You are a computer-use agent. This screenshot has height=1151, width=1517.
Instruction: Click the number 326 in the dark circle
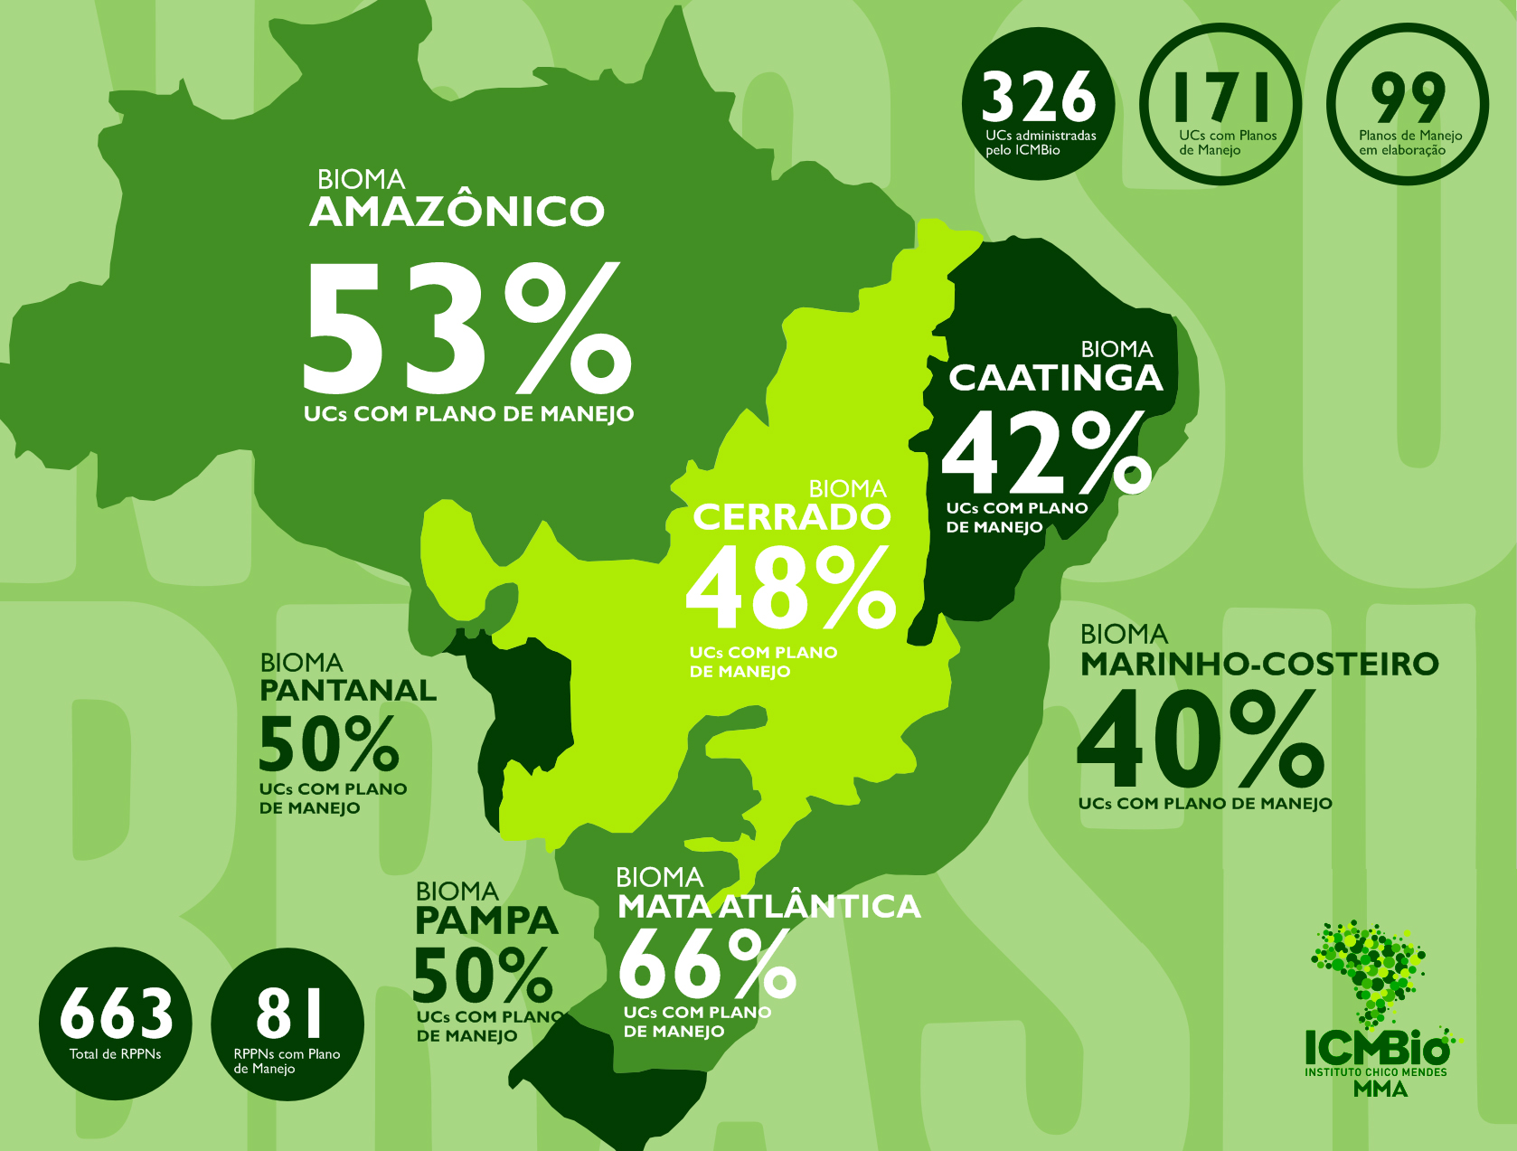tap(1038, 98)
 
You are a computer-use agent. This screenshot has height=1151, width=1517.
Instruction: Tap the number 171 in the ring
tap(1220, 97)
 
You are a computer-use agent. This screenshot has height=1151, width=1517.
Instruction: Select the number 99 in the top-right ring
tap(1408, 98)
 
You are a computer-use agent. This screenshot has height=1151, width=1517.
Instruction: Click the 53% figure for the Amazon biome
tap(466, 328)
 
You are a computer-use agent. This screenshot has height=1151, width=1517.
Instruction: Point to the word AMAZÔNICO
tap(457, 212)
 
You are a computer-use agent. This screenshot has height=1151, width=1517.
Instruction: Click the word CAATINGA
tap(1055, 378)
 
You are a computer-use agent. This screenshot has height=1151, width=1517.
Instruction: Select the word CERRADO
tap(791, 517)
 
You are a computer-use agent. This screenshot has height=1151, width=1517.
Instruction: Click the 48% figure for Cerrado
tap(790, 589)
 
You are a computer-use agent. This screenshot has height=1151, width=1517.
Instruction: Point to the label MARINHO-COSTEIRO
tap(1259, 664)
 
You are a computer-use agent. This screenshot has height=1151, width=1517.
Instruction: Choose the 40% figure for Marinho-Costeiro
tap(1201, 741)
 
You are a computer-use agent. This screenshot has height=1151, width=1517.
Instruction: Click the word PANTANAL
tap(348, 691)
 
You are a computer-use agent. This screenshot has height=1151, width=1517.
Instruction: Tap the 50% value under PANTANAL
tap(329, 744)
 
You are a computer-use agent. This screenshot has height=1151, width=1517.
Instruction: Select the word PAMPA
tap(486, 920)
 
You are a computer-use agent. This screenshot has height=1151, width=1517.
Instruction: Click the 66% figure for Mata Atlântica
tap(707, 966)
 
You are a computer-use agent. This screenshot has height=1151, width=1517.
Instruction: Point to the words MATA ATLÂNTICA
tap(768, 907)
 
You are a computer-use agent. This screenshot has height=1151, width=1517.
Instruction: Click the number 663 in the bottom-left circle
tap(116, 1014)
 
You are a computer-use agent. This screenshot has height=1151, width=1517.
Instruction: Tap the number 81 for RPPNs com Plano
tap(288, 1013)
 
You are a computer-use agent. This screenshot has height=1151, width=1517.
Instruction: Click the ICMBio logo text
tap(1376, 1050)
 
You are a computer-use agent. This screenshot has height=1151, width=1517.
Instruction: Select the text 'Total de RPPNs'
tap(116, 1054)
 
